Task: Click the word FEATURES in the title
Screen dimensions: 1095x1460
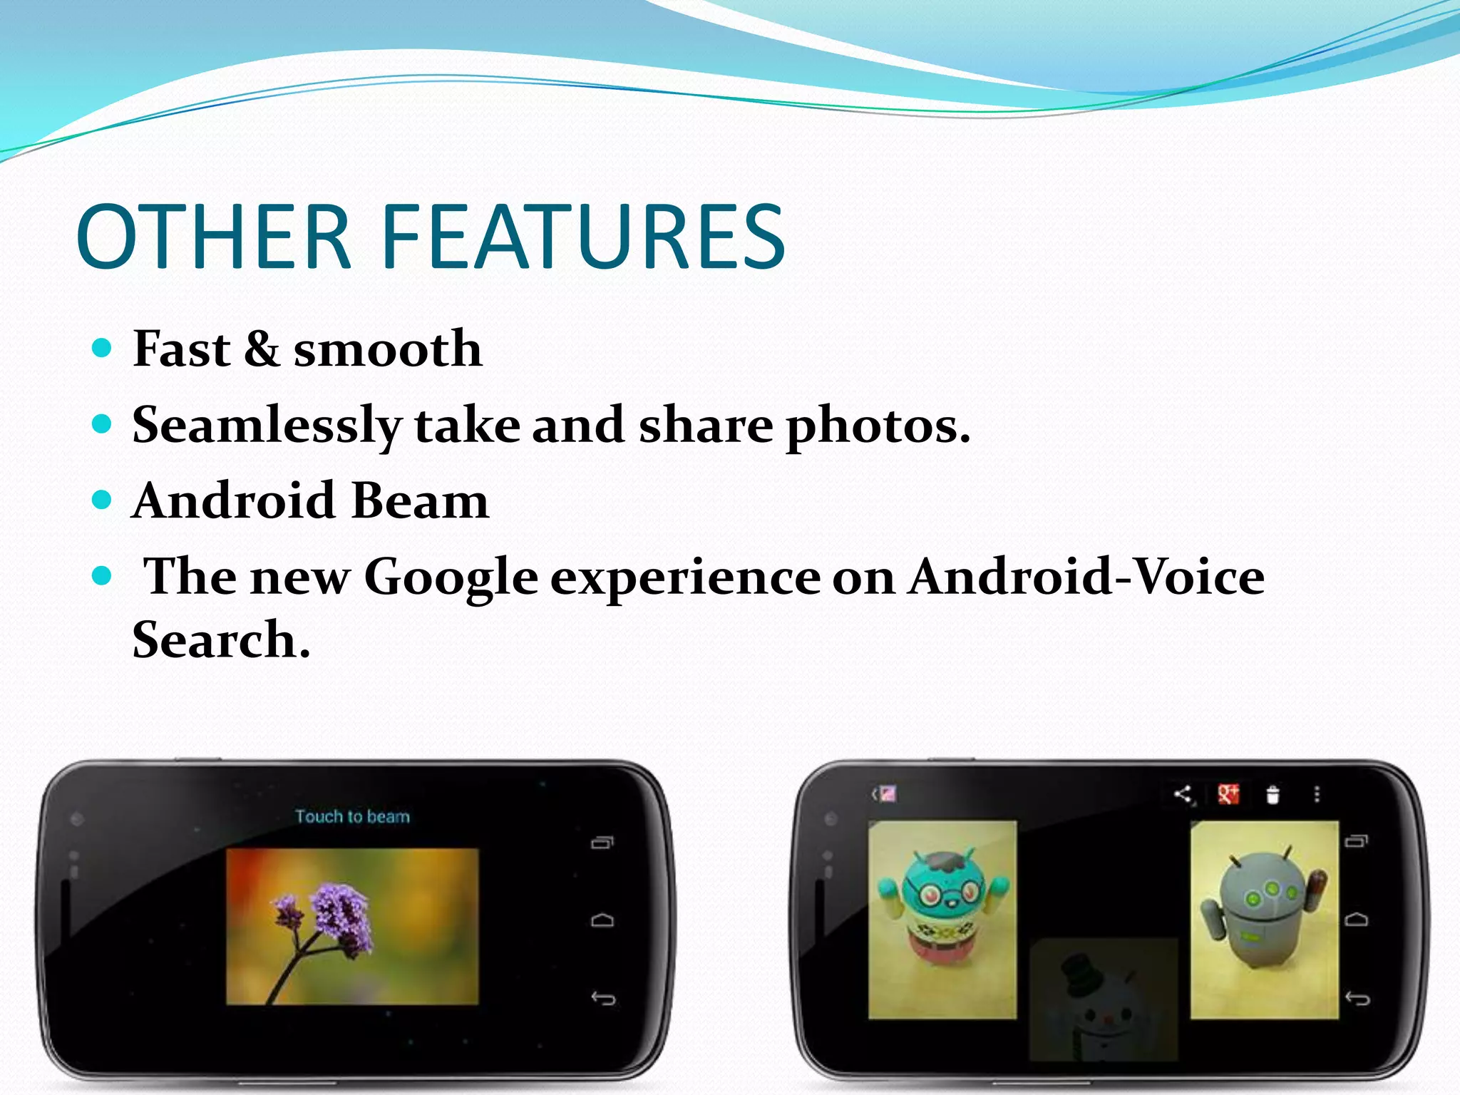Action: click(583, 237)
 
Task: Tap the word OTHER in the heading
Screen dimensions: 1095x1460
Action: click(214, 237)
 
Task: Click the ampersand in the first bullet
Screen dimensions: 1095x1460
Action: click(262, 349)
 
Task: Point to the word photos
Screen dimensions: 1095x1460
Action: click(878, 426)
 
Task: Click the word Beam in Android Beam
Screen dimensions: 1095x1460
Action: click(420, 500)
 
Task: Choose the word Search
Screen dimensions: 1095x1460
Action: click(221, 639)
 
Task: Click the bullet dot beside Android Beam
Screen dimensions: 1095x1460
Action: click(103, 500)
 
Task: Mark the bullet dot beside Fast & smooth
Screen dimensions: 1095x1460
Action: click(103, 348)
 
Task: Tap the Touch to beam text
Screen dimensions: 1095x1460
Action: click(353, 816)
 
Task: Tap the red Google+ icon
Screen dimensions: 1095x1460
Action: click(1228, 794)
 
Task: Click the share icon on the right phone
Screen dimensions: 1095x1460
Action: click(1183, 794)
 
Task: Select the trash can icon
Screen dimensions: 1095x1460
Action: click(1273, 794)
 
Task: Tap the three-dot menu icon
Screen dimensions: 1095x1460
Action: click(1317, 794)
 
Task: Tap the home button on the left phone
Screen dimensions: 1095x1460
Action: click(602, 920)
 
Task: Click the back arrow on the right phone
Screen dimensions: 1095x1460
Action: click(1357, 998)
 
